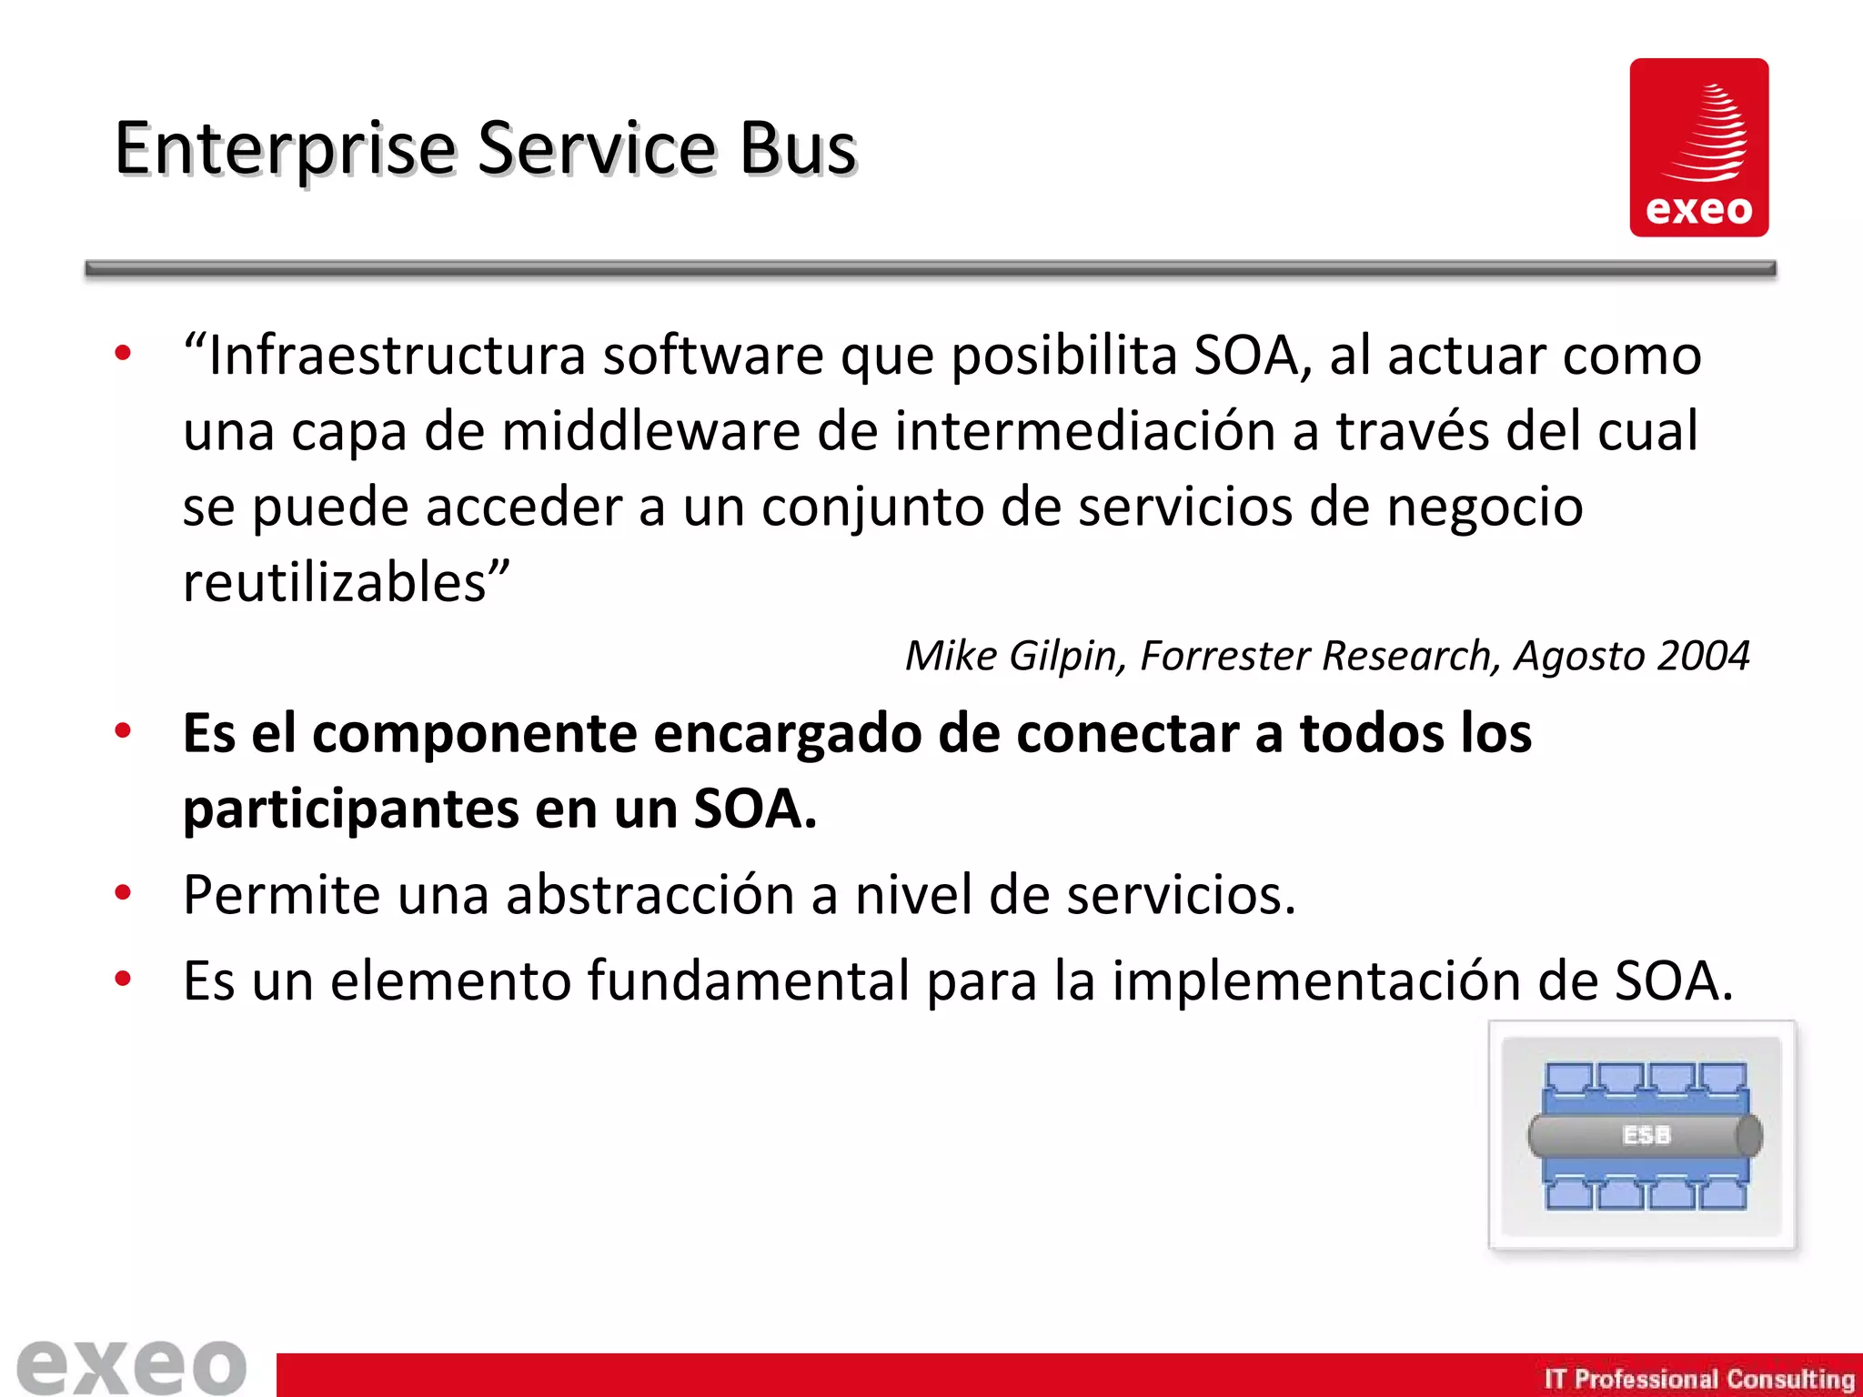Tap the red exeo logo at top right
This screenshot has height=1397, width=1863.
(x=1698, y=147)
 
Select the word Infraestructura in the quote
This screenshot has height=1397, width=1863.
(x=397, y=356)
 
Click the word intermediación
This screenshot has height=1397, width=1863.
(x=1083, y=431)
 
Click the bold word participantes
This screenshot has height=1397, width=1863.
(x=350, y=809)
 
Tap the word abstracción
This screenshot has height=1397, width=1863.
(x=650, y=895)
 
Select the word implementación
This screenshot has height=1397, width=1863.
(x=1316, y=981)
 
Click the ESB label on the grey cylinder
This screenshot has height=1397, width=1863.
(x=1646, y=1135)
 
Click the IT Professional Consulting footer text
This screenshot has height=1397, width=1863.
(x=1698, y=1379)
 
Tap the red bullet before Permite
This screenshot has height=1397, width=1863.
(x=123, y=892)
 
